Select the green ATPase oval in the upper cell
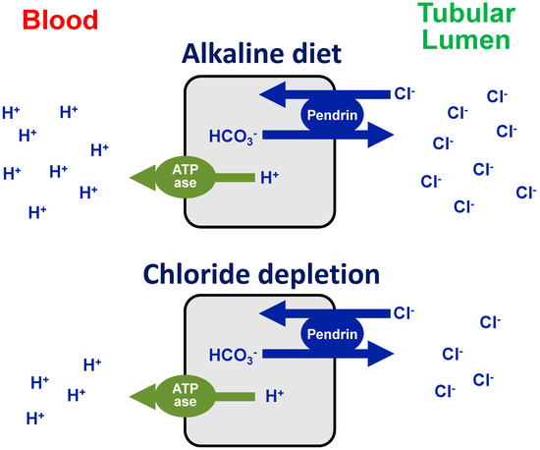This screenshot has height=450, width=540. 187,177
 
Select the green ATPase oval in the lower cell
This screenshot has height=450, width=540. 187,396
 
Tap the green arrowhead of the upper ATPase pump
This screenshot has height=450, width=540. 145,177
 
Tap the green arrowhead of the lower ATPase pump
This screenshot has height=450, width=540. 145,396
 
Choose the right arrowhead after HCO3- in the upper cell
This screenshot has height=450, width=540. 378,136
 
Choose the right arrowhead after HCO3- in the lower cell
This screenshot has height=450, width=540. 378,355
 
